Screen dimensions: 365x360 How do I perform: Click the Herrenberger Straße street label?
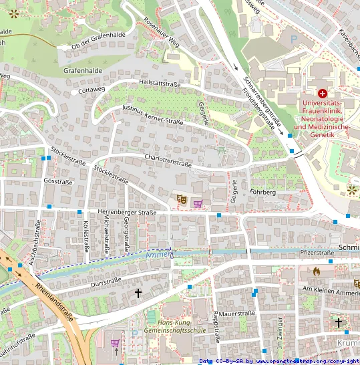127,213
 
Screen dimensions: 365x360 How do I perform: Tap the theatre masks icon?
179,199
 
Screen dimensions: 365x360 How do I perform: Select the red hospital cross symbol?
323,94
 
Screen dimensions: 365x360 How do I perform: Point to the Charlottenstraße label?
168,160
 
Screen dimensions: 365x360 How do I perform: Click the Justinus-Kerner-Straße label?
152,114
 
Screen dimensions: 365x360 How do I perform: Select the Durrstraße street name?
104,283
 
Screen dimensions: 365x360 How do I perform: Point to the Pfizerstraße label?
317,253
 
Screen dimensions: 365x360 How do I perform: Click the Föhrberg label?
262,192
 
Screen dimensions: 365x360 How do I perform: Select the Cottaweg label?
92,89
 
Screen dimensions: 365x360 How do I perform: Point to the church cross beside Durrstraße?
139,293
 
